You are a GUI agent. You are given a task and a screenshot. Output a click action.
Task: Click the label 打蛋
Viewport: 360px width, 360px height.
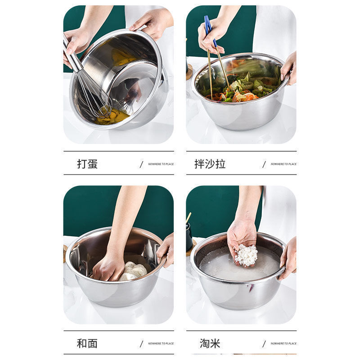pos(87,164)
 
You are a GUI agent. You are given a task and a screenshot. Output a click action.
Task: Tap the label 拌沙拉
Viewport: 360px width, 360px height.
pos(210,164)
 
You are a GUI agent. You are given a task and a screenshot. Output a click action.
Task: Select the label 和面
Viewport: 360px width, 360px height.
pos(87,343)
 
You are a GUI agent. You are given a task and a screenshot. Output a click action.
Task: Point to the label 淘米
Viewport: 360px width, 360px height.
pos(210,343)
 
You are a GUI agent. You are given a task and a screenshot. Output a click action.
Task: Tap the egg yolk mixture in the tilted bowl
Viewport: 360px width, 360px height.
pos(112,117)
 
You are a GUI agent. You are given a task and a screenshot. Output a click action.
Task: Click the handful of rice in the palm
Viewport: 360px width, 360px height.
pos(246,255)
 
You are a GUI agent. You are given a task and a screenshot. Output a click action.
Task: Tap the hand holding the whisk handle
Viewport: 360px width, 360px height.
pos(76,43)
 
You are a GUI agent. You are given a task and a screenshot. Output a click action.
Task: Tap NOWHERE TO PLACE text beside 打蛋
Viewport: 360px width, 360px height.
pos(161,164)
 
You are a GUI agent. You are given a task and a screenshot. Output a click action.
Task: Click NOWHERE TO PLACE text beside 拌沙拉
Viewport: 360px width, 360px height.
pos(283,164)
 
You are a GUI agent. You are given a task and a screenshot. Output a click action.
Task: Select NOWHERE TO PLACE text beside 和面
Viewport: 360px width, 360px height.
pos(161,343)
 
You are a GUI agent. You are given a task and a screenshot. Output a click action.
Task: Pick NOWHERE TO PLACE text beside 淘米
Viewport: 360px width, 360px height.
pos(283,343)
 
